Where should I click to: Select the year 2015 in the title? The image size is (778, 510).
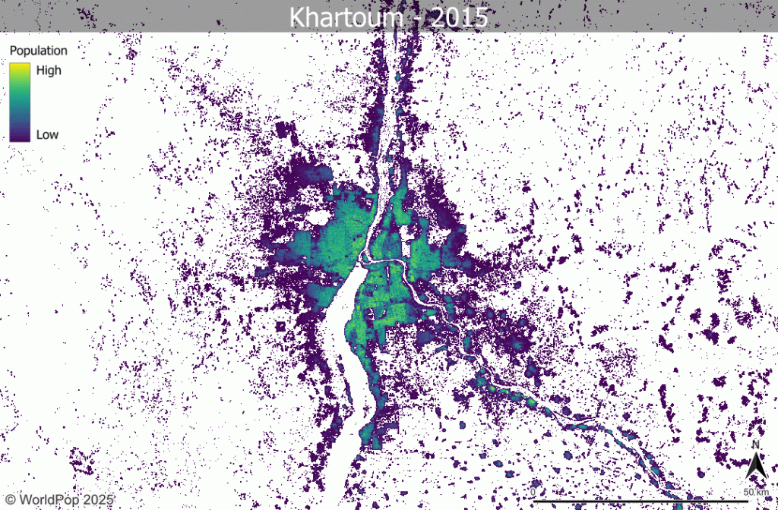tap(458, 17)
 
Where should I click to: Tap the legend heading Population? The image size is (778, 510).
tap(38, 51)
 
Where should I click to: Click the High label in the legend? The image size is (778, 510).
tap(49, 71)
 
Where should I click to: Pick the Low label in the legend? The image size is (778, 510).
tap(47, 134)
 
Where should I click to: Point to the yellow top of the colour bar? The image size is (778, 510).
tap(20, 68)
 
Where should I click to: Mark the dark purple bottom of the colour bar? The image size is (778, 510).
tap(20, 137)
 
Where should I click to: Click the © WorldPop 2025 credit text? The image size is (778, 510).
tap(58, 499)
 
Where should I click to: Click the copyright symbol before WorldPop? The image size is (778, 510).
tap(9, 499)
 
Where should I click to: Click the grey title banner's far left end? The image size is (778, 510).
tap(4, 17)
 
